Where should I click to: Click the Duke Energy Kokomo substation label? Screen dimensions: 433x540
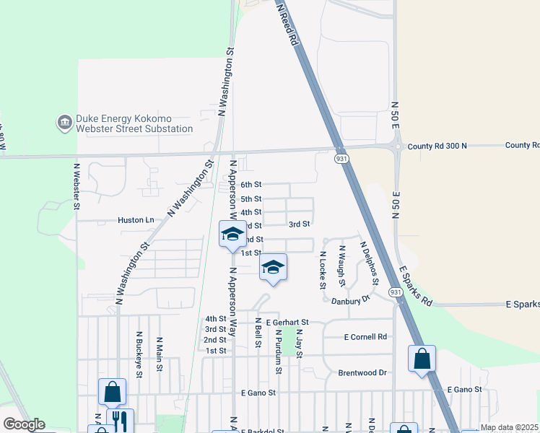coord(135,123)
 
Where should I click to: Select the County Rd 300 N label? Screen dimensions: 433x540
coord(437,146)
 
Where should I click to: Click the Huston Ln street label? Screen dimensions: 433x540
coord(136,219)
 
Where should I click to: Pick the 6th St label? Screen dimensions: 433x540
coord(251,185)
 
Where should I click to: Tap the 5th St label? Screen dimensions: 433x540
coord(251,199)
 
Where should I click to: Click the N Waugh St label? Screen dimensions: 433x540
coord(342,265)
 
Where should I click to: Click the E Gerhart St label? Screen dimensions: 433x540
coord(287,322)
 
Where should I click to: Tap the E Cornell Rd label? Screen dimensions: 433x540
coord(365,337)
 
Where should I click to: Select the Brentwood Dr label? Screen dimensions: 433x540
coord(362,373)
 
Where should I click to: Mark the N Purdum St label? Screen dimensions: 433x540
coord(278,352)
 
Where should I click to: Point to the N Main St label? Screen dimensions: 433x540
coord(159,355)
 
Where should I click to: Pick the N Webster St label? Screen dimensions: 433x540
coord(77,186)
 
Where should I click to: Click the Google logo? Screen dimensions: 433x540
coord(24,424)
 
